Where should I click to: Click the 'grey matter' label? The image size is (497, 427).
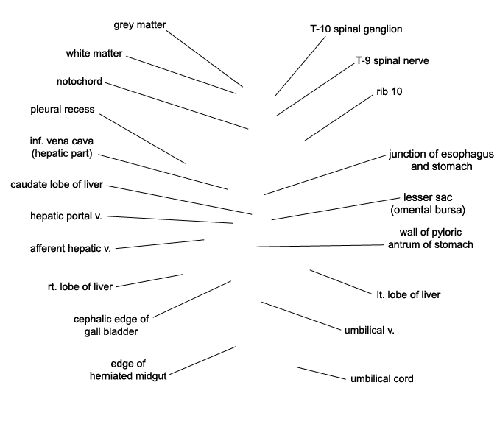pos(140,25)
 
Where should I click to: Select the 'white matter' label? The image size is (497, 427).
pos(94,53)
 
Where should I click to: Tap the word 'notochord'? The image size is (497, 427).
pos(80,82)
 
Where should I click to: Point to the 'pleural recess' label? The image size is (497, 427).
pos(63,110)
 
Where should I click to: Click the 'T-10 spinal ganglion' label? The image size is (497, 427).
pos(356,29)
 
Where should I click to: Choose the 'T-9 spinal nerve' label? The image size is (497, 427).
pos(392,60)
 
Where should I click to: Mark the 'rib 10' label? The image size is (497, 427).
pos(390,91)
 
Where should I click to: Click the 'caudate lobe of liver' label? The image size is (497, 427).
pos(57,185)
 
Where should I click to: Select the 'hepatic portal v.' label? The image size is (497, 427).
pos(66,216)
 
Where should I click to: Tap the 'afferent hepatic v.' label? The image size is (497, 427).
pos(71,249)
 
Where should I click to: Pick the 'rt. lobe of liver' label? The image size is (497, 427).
pos(80,286)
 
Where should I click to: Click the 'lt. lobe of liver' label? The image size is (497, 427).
pos(408,294)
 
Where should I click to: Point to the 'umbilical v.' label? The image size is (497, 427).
pos(370,331)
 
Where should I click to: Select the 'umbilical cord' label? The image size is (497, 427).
pos(382,379)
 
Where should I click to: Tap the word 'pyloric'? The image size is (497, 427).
pos(445,233)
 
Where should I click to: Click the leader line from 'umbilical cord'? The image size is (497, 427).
pos(322,373)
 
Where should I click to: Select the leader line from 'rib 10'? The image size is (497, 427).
pos(339,118)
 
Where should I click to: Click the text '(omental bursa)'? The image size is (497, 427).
pos(428,210)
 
